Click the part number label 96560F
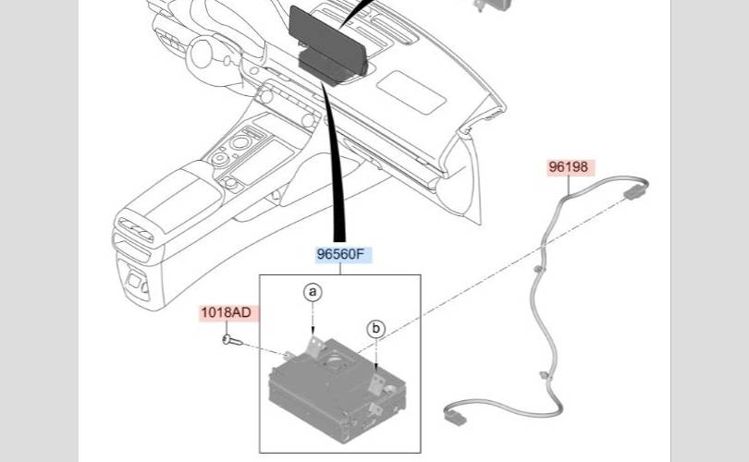coord(340,256)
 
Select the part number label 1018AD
coord(226,312)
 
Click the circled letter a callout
coord(313,293)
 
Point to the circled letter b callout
coord(375,328)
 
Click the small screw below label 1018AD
coord(229,341)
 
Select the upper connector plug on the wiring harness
coord(633,193)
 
